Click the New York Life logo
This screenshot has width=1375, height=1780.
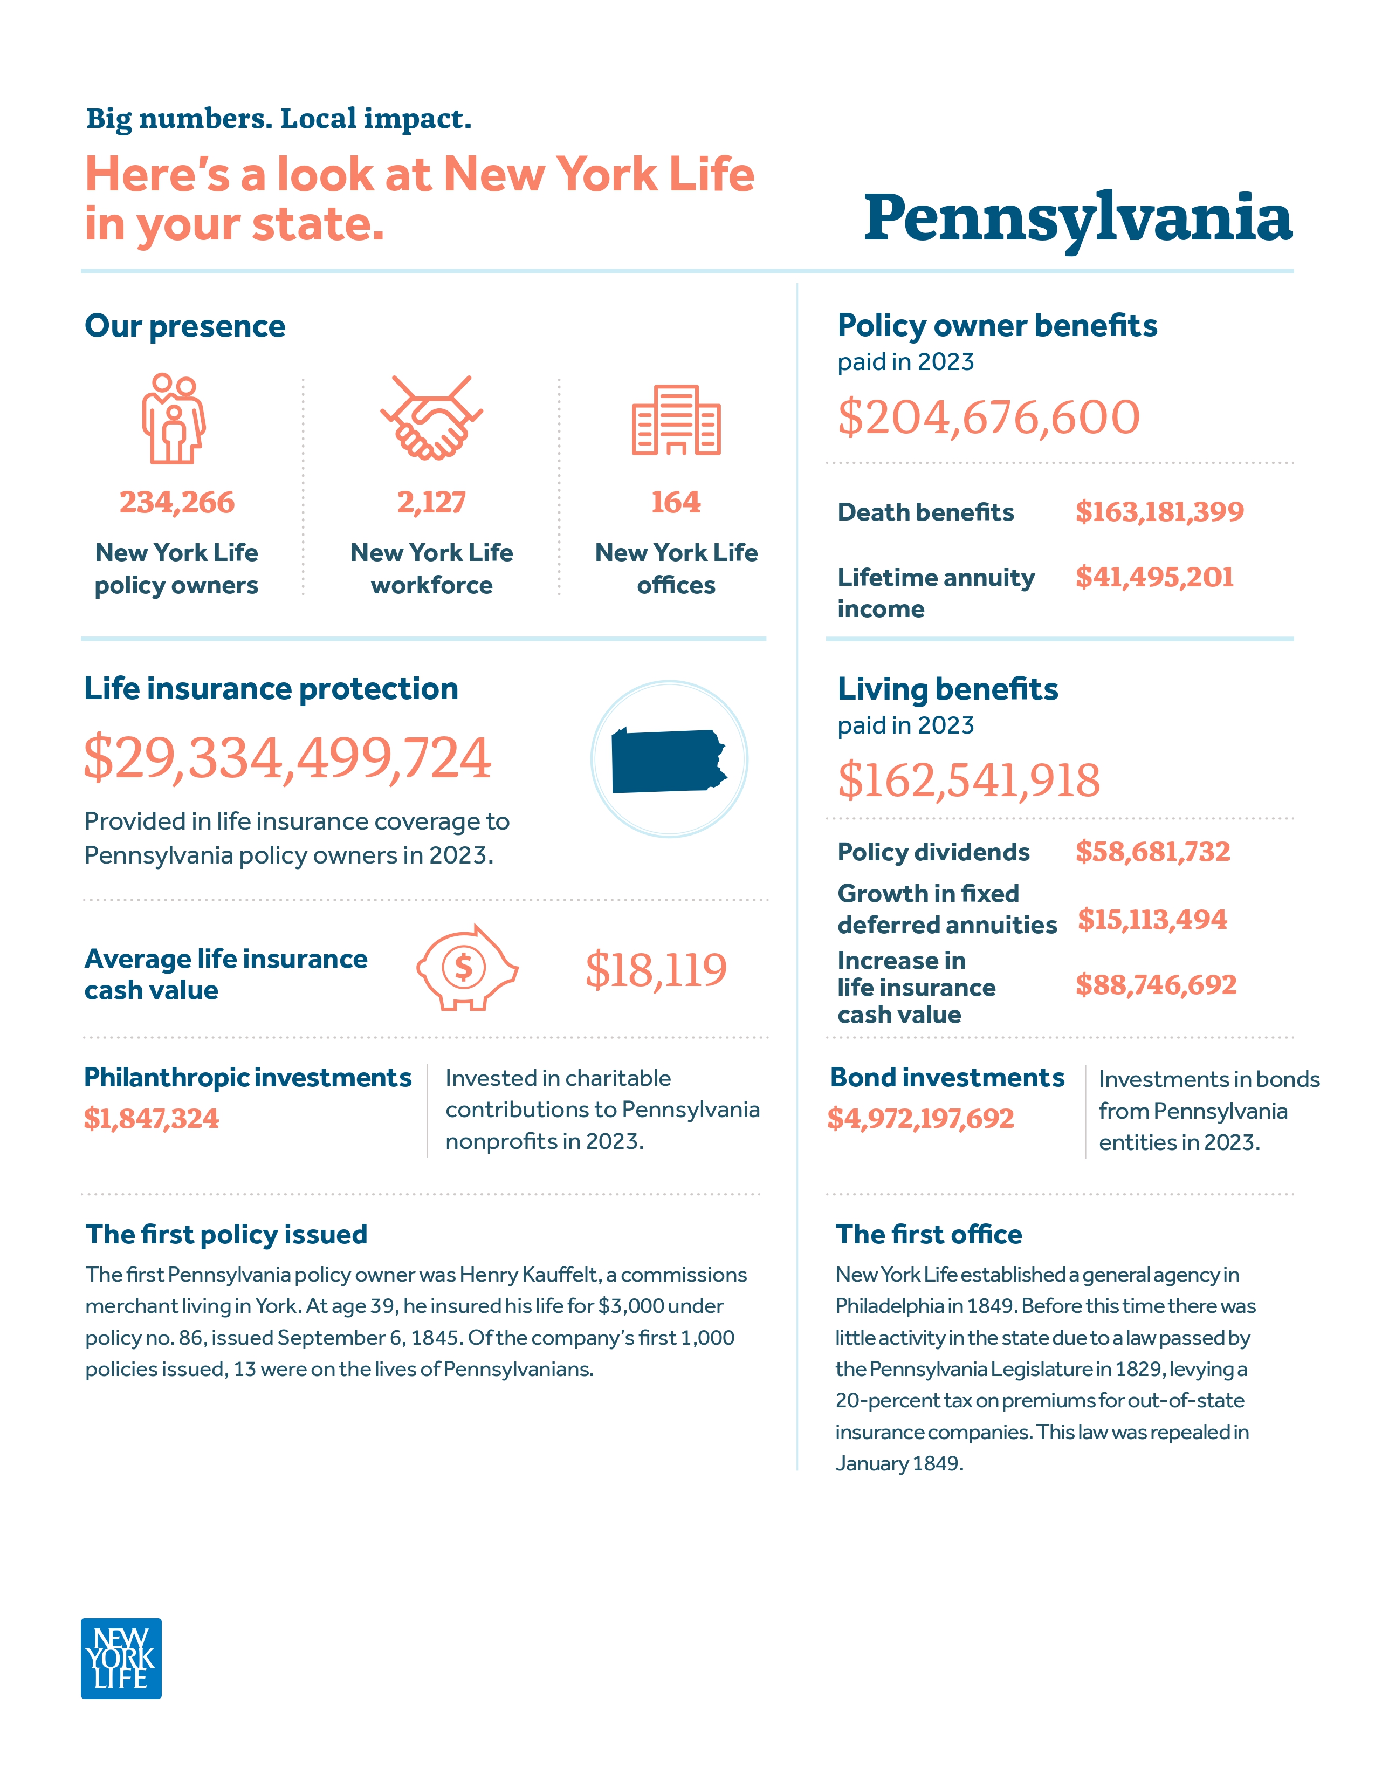[121, 1658]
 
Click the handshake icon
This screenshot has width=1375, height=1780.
[431, 417]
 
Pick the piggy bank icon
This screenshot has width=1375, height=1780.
[467, 968]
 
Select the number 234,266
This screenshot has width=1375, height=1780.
[177, 502]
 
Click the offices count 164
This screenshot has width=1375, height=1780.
[675, 502]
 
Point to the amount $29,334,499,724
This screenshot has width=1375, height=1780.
[287, 758]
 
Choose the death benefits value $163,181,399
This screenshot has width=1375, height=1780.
[1159, 512]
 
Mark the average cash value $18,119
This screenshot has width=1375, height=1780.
[656, 969]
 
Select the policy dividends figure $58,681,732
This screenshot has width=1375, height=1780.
[1152, 852]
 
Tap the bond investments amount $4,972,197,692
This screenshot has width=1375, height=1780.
[920, 1118]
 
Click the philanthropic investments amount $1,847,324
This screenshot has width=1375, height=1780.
[152, 1118]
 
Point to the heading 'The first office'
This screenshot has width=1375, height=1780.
[928, 1234]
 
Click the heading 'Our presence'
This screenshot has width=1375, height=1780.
[185, 326]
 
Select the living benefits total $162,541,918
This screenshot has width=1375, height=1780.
[968, 780]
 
